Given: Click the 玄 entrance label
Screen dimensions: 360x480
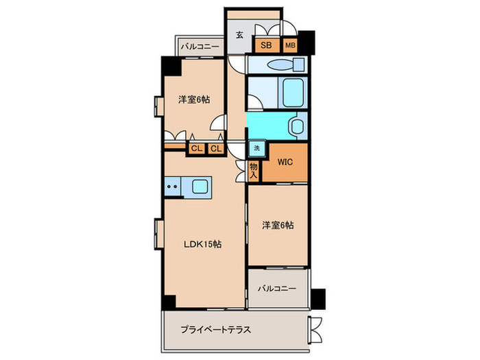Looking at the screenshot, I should [239, 35].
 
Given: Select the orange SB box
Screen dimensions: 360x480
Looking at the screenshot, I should [265, 46].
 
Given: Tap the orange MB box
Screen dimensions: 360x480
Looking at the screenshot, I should [291, 46].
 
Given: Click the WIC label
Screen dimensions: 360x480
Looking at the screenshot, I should [285, 163].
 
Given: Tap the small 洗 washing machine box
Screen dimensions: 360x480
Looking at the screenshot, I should [256, 149].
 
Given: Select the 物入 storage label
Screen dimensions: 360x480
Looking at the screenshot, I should [254, 171].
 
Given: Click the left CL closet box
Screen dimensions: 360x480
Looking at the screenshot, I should [196, 148].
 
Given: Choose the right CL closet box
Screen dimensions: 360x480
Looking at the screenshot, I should [215, 148].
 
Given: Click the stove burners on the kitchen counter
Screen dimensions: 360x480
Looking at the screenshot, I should [172, 186].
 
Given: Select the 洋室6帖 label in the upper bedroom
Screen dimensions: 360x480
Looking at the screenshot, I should [194, 99].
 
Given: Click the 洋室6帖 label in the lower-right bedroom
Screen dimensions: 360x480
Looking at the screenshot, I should [278, 225].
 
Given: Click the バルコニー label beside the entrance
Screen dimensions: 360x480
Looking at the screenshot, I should [200, 47].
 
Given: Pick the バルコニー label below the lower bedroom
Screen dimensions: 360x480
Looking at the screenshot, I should [277, 289].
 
